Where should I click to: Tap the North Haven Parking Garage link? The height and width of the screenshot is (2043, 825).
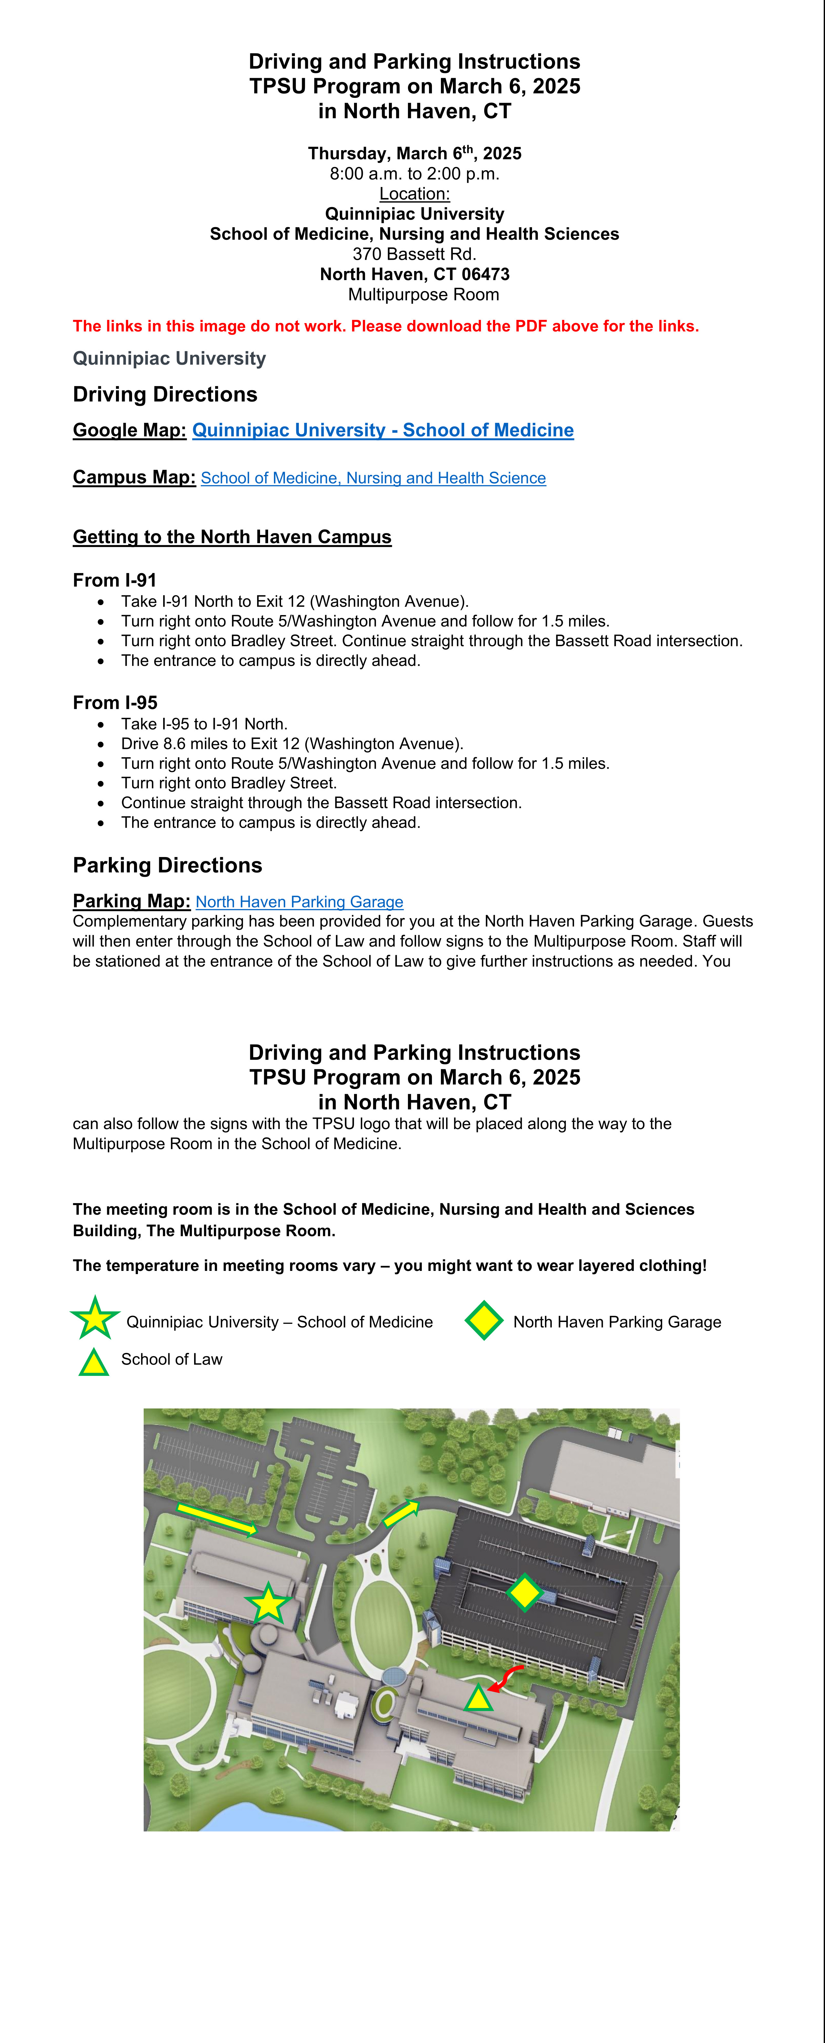click(x=299, y=902)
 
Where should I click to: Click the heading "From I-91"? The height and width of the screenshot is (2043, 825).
click(x=115, y=580)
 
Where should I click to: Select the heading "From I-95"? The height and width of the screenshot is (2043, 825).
click(x=115, y=703)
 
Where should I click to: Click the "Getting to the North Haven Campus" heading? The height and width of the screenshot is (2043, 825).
click(x=232, y=537)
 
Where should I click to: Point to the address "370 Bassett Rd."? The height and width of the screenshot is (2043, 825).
click(x=414, y=254)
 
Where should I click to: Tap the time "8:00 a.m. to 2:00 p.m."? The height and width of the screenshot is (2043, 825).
click(x=414, y=174)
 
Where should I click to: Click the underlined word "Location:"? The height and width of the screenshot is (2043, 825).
click(x=414, y=194)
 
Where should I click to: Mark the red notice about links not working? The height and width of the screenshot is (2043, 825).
click(x=386, y=326)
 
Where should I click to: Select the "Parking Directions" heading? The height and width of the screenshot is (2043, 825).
click(x=167, y=865)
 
